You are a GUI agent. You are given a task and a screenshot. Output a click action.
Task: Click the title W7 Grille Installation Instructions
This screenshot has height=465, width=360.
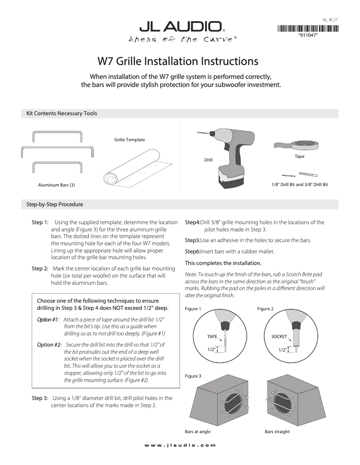(x=178, y=61)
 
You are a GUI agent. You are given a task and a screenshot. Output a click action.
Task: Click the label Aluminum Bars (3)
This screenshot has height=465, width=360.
(x=56, y=184)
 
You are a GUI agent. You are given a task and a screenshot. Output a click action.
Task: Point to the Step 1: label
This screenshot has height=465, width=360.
(x=40, y=222)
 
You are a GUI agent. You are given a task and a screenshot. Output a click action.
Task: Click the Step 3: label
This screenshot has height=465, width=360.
(x=40, y=398)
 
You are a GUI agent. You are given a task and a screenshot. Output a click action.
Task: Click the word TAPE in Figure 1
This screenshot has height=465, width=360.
(x=212, y=336)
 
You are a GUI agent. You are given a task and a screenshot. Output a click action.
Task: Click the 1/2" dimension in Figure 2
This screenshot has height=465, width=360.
(x=283, y=349)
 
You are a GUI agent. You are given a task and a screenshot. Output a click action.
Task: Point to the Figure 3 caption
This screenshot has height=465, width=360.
(x=193, y=375)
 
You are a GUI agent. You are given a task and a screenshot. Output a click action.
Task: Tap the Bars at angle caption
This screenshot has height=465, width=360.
(x=198, y=431)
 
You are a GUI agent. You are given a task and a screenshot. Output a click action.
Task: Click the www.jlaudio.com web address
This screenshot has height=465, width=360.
(x=180, y=445)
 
